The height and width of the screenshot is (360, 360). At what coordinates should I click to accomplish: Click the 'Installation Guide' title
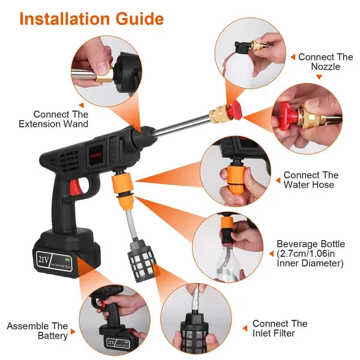click(91, 19)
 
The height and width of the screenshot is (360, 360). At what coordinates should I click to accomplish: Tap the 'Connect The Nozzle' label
click(325, 62)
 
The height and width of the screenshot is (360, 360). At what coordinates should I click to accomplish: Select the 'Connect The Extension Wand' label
click(61, 119)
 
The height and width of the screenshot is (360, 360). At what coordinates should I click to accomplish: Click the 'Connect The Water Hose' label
click(311, 180)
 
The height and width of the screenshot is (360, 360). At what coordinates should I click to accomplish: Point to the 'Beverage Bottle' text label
click(310, 244)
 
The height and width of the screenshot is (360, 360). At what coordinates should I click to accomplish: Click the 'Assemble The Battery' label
click(37, 331)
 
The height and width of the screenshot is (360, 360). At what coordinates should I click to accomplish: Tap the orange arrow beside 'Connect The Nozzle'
click(292, 57)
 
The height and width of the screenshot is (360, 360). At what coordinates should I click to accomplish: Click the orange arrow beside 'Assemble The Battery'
click(73, 331)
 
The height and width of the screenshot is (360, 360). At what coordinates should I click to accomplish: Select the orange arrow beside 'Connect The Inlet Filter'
click(245, 328)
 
